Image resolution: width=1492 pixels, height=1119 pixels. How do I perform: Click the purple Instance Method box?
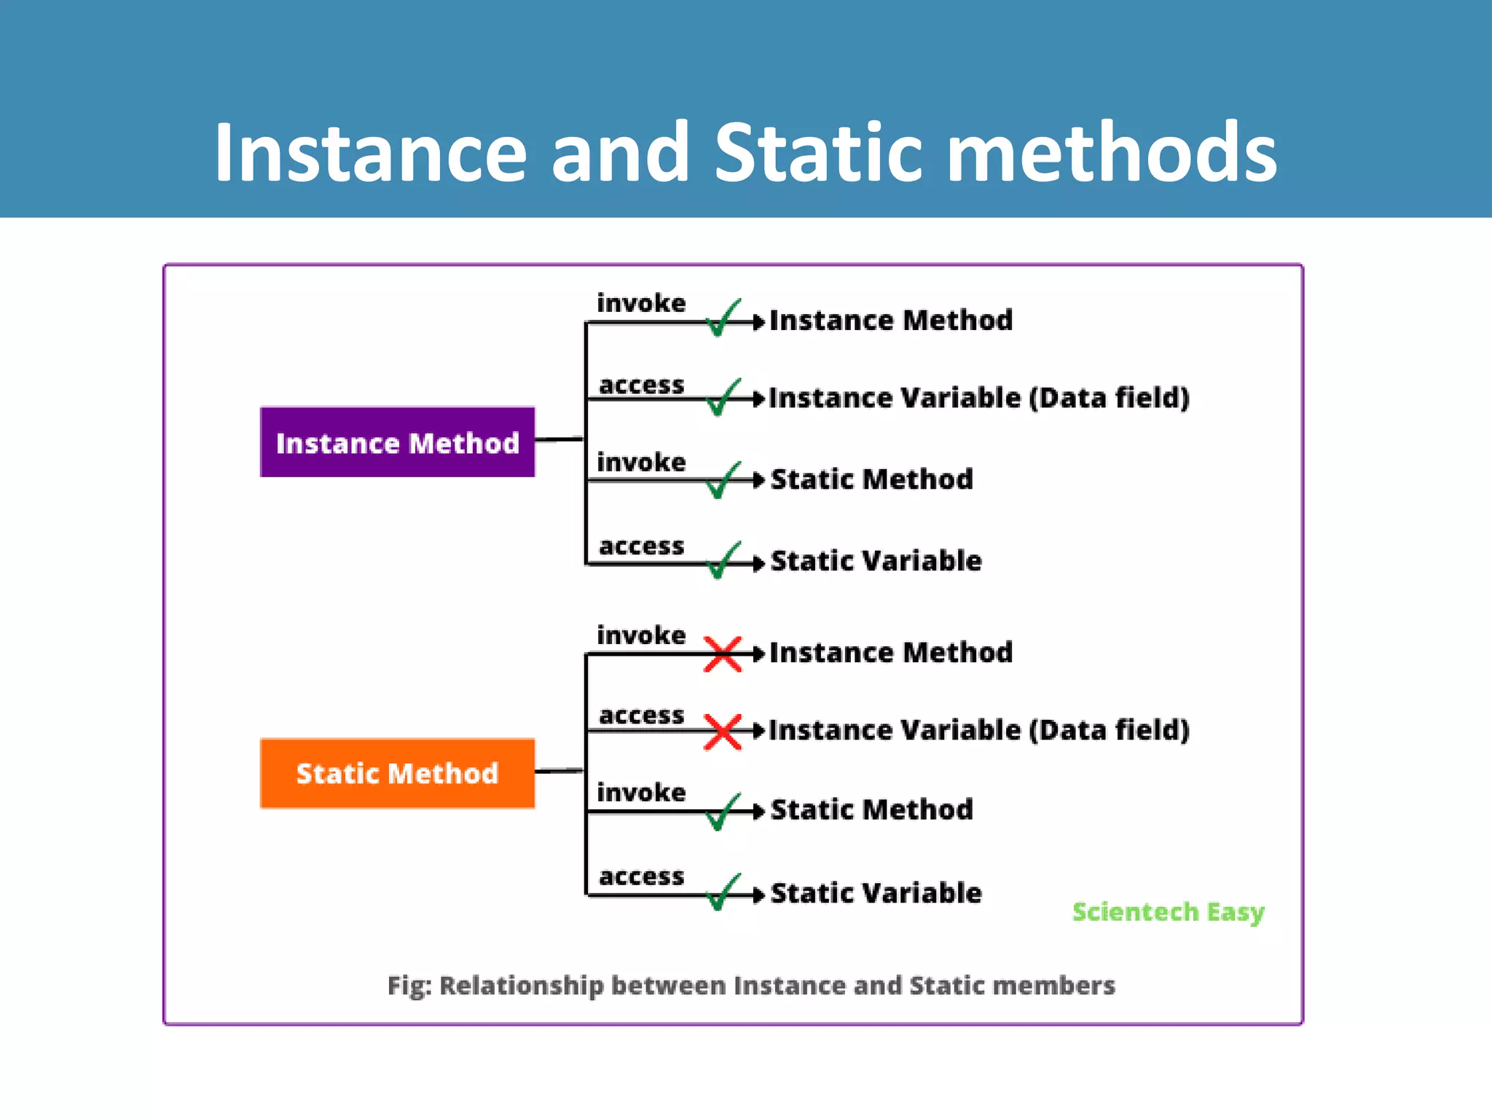click(x=397, y=442)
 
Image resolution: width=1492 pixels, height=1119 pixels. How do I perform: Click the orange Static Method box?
click(x=397, y=773)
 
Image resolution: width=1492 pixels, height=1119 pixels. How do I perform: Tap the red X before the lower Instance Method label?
click(x=722, y=653)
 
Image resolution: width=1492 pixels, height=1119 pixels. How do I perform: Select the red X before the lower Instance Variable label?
click(x=722, y=731)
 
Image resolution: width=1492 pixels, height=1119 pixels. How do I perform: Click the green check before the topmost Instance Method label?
click(x=723, y=318)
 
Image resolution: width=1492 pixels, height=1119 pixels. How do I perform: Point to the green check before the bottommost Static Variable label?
click(x=723, y=892)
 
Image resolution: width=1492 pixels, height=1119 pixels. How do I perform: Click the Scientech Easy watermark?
click(x=1168, y=912)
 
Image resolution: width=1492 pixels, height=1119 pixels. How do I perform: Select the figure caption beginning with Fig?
click(x=750, y=985)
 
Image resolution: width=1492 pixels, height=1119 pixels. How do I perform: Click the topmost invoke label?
click(x=641, y=303)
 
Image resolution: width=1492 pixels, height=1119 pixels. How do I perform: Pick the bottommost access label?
click(x=641, y=876)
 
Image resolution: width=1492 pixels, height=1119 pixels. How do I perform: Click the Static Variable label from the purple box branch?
click(x=876, y=561)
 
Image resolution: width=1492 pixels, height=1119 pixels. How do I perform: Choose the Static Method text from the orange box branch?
click(x=871, y=809)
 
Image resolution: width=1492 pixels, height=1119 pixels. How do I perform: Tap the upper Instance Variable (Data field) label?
click(x=978, y=398)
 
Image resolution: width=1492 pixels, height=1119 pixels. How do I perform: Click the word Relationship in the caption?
click(x=521, y=985)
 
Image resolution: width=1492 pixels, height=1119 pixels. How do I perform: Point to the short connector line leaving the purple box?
click(x=559, y=439)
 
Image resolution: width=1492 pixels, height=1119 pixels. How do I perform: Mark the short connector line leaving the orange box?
click(x=559, y=770)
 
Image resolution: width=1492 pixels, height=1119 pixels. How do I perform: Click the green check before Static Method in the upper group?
click(x=723, y=480)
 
